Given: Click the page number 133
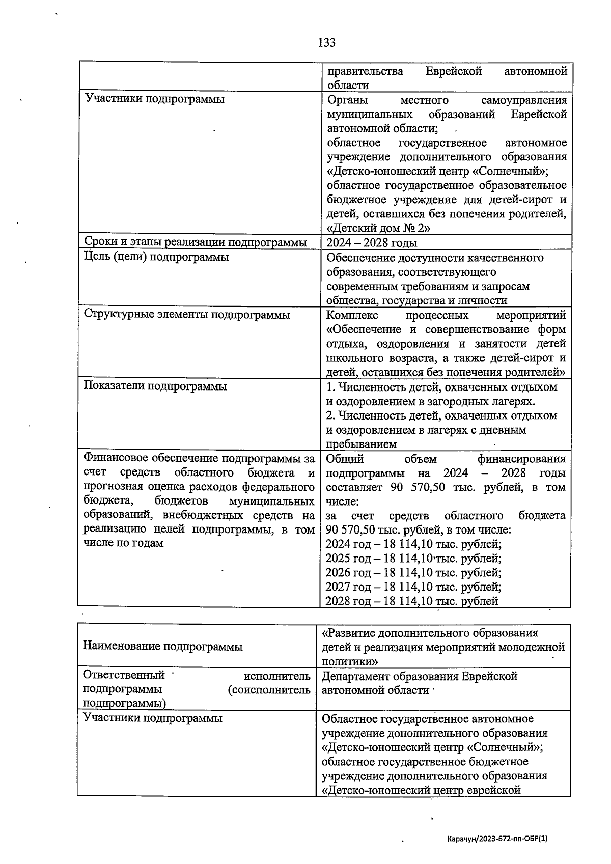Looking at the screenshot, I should (x=326, y=43).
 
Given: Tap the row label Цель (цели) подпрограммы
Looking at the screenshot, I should (x=156, y=257).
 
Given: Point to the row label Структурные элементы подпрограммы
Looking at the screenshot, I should (x=186, y=315).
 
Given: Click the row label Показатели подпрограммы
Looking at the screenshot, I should (x=155, y=386).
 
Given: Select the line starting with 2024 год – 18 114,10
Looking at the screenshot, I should (x=413, y=544).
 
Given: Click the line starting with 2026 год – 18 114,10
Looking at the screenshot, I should (x=413, y=573).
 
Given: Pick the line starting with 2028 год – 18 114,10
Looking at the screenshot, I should (x=411, y=601).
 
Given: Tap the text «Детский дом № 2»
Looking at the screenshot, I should (x=379, y=228).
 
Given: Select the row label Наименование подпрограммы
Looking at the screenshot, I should (x=162, y=647).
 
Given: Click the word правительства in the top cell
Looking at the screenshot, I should (x=365, y=71).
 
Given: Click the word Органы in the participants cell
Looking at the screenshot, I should (x=347, y=100).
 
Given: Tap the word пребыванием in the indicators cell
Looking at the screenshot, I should (x=361, y=444).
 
